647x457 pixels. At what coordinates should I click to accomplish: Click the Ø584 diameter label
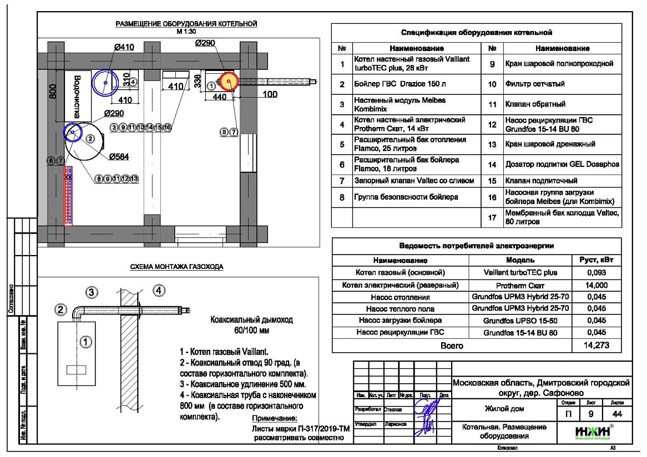(x=119, y=156)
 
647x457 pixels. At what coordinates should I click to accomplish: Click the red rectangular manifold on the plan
(x=69, y=196)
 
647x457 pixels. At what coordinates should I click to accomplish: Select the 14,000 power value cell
(x=596, y=285)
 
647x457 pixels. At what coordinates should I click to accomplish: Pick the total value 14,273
(x=596, y=346)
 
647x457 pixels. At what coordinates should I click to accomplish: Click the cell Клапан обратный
(x=535, y=104)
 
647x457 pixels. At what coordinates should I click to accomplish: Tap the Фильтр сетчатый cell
(x=534, y=84)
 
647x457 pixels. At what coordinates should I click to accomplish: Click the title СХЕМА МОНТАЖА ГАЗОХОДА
(x=176, y=267)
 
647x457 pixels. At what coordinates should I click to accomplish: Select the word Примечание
(x=275, y=419)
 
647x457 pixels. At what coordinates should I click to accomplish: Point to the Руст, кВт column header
(x=596, y=260)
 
